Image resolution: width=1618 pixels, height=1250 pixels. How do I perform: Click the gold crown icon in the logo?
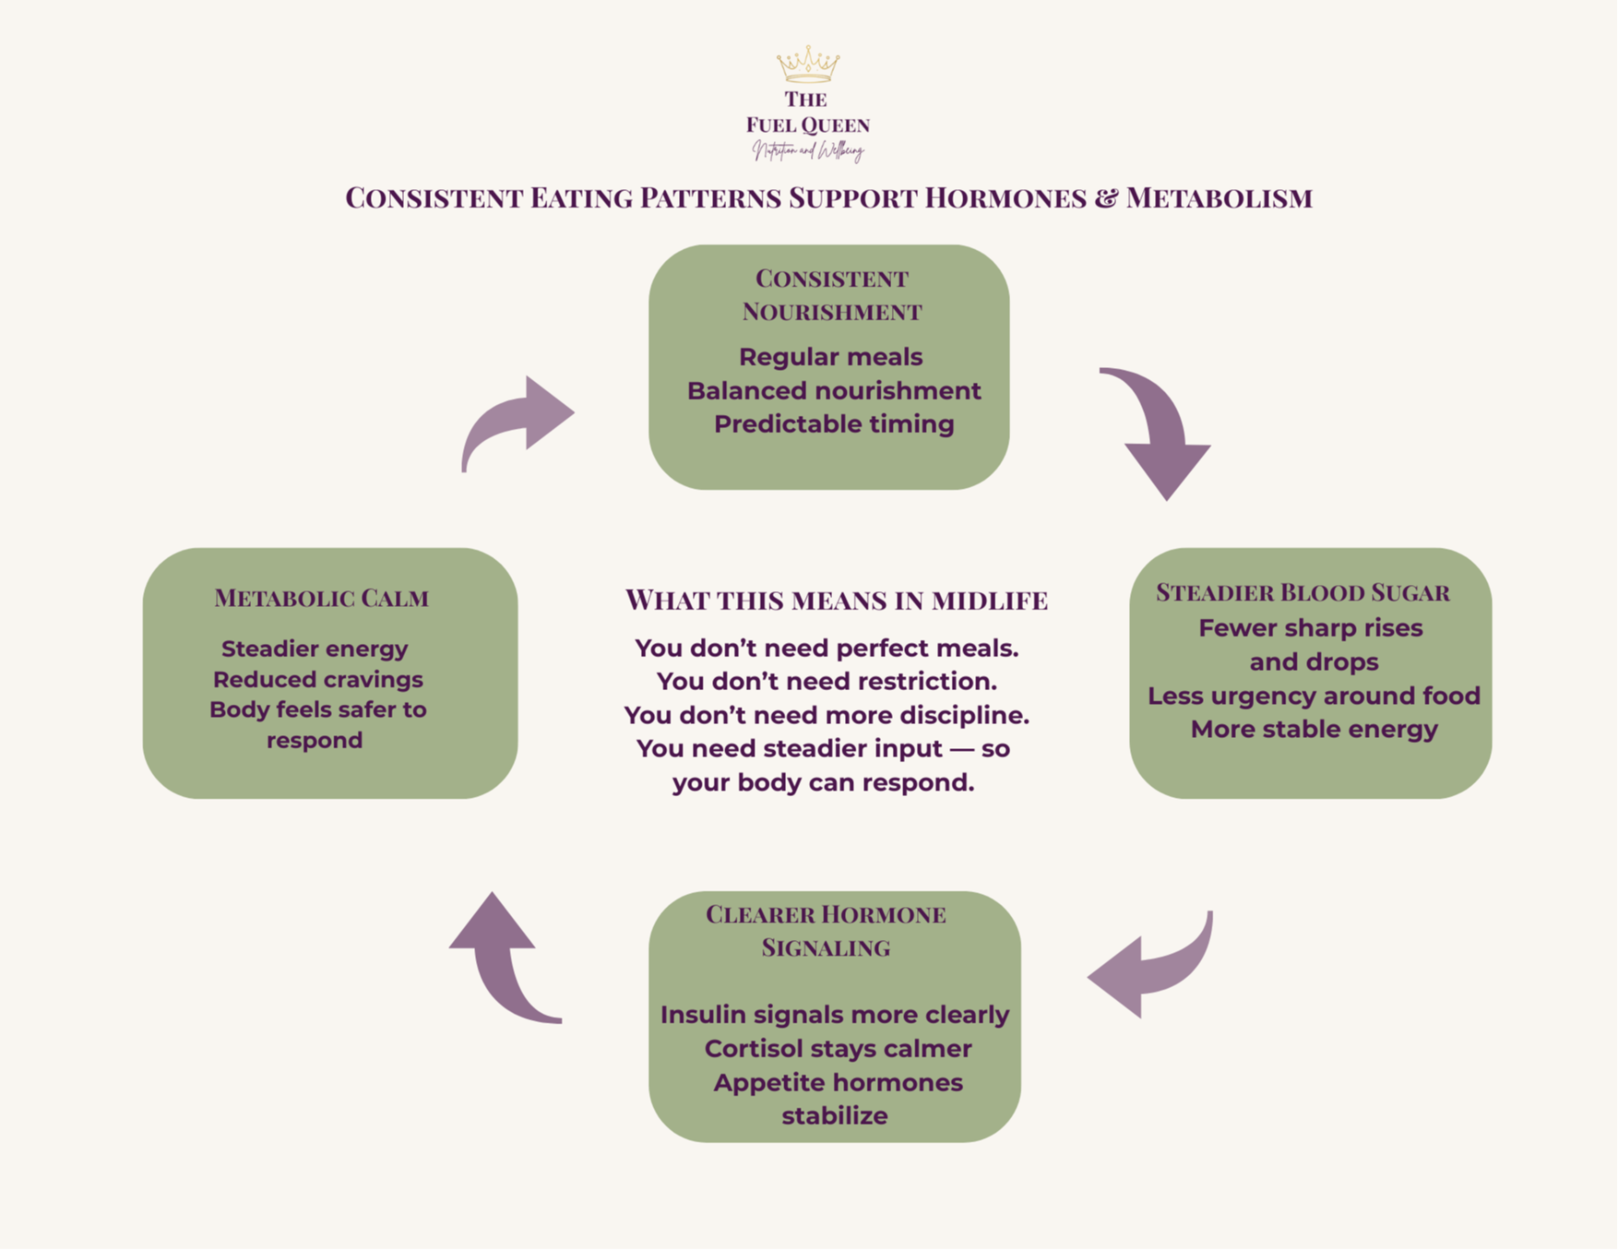808,64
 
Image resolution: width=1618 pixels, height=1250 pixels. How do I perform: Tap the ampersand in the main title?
1106,199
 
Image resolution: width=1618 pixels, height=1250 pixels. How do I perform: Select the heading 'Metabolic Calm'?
321,598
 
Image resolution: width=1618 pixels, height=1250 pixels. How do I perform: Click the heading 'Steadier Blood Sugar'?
1303,593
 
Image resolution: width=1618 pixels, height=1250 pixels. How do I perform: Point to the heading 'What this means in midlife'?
836,600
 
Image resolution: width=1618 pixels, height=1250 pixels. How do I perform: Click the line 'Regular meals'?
831,357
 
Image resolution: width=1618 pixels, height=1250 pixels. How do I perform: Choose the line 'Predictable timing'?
834,424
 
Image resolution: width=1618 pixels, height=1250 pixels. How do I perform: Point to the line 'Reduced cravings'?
318,680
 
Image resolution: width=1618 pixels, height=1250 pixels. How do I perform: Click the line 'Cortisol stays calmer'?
838,1049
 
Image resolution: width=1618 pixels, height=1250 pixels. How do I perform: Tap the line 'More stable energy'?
1314,729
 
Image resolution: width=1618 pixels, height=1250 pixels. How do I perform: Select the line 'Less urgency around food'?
1314,696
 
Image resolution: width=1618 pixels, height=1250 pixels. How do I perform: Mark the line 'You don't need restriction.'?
827,681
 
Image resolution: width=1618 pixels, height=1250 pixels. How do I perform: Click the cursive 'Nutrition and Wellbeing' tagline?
808,152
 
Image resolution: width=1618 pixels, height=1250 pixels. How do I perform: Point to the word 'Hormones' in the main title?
1005,199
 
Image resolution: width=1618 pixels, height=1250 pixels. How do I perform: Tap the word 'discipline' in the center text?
964,715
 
